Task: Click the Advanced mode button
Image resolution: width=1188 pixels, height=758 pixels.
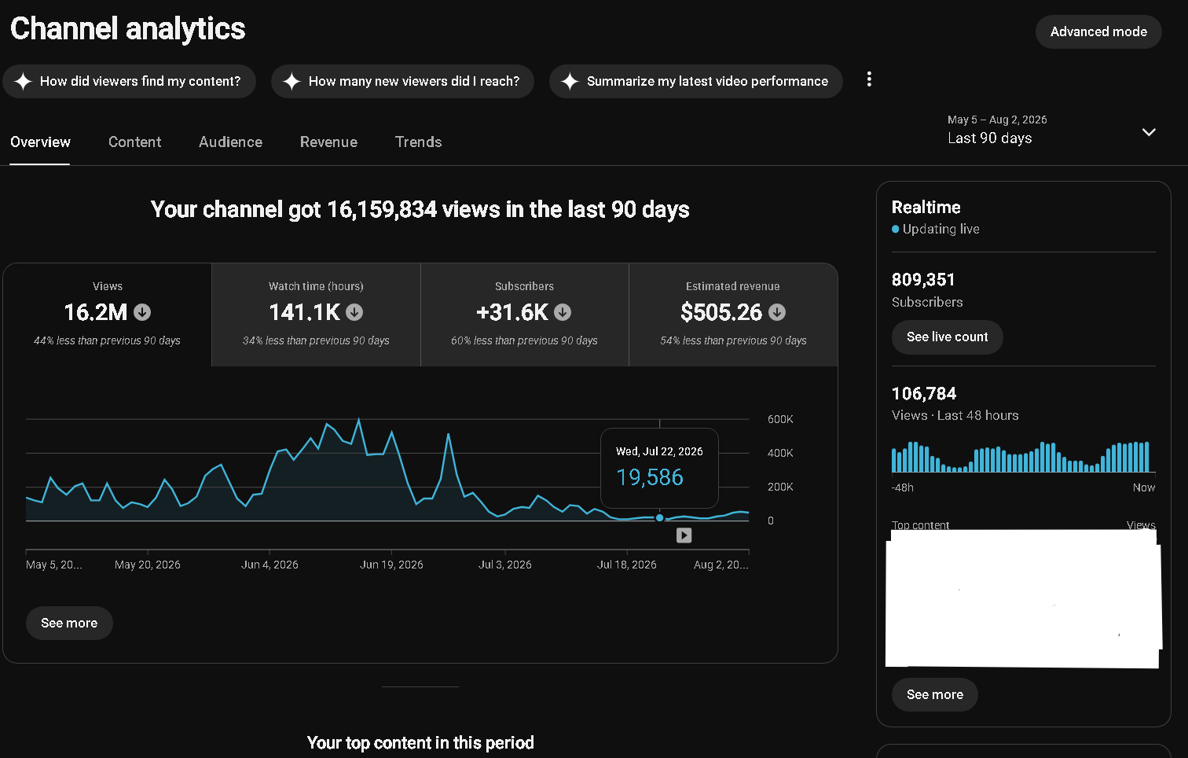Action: (x=1098, y=32)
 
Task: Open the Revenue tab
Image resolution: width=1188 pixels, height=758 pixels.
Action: (x=328, y=142)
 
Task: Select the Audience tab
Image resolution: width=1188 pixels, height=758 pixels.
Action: (x=231, y=142)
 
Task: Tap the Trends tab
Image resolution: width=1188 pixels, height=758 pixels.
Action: (x=419, y=142)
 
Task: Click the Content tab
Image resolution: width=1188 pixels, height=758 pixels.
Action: (x=134, y=142)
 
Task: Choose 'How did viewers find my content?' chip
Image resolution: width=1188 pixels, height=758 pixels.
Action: (x=130, y=81)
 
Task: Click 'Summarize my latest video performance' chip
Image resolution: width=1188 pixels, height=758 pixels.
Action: (x=696, y=81)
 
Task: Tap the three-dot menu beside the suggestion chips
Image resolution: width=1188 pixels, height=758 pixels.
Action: (x=869, y=79)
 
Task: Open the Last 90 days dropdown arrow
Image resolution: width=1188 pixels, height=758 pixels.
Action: (x=1149, y=132)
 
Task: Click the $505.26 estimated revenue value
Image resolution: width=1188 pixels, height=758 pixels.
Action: (x=721, y=312)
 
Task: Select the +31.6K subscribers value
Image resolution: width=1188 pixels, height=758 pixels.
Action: (x=512, y=312)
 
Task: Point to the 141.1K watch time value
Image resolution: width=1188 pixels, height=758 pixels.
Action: (x=304, y=312)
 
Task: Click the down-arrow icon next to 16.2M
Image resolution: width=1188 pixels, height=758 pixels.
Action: (x=142, y=312)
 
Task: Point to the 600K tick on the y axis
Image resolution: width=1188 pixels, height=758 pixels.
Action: (x=780, y=419)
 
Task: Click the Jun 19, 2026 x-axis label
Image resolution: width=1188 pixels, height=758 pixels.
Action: (x=391, y=565)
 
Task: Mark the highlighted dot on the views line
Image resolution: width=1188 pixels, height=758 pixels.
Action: (x=660, y=517)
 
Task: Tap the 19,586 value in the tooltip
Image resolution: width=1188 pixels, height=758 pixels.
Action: (x=650, y=477)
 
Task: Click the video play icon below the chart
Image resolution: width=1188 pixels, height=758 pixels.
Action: (x=684, y=535)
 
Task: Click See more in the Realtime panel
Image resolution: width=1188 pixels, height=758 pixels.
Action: (x=934, y=694)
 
